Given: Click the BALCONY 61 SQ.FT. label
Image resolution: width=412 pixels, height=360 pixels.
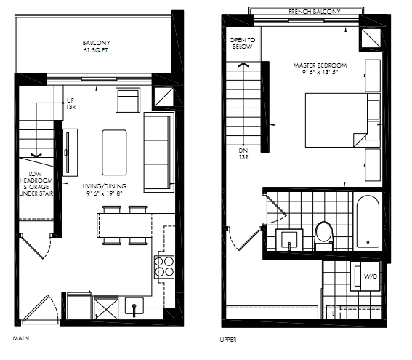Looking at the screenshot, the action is [96, 47].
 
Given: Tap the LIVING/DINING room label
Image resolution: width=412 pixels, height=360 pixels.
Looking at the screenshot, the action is [105, 186].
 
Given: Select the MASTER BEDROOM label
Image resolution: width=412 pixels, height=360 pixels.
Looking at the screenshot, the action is [320, 65].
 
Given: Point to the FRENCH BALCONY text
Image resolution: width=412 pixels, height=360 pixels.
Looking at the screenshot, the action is [315, 12].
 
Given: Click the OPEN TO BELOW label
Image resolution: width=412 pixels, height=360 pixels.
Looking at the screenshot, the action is [242, 44].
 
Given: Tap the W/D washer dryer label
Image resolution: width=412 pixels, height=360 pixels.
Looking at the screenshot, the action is [371, 276].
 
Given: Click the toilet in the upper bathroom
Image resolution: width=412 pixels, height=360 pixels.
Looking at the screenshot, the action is [324, 236].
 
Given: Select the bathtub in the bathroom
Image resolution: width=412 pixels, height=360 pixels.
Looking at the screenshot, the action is [368, 221].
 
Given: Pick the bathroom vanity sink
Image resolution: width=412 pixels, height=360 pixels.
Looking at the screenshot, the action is [289, 239].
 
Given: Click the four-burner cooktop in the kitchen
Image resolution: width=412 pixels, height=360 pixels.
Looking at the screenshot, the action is [164, 267].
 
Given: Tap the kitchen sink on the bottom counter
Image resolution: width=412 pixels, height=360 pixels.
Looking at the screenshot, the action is [134, 305].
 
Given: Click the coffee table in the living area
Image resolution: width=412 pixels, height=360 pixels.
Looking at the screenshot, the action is [114, 152].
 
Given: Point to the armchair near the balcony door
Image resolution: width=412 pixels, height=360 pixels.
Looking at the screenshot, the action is [128, 100].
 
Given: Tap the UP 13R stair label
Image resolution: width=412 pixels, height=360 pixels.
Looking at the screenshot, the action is [70, 103].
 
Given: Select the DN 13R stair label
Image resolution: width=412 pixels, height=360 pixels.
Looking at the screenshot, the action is [243, 154].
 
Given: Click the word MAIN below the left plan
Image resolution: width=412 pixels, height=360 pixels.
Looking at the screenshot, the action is [21, 338].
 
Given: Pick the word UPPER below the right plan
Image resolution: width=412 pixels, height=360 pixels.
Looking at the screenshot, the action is [228, 340].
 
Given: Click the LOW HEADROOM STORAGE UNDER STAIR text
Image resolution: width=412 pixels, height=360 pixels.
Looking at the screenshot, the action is [36, 183].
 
